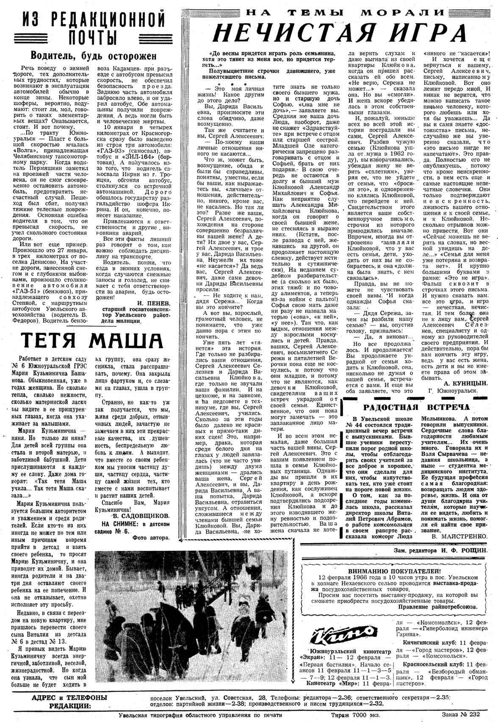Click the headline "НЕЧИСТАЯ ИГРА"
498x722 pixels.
[x=339, y=33]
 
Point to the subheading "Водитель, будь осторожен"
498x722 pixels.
[x=94, y=56]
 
